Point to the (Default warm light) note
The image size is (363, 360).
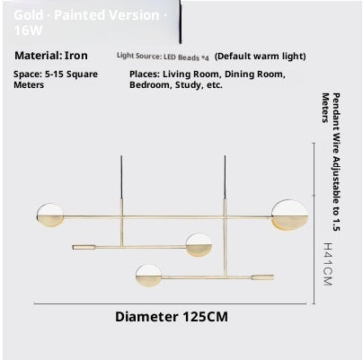(260, 55)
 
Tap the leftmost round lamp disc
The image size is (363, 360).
(49, 215)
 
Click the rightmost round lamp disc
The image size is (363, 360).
(290, 215)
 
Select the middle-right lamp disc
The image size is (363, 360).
(199, 243)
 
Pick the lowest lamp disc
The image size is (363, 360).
(148, 274)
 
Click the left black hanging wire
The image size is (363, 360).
(121, 184)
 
